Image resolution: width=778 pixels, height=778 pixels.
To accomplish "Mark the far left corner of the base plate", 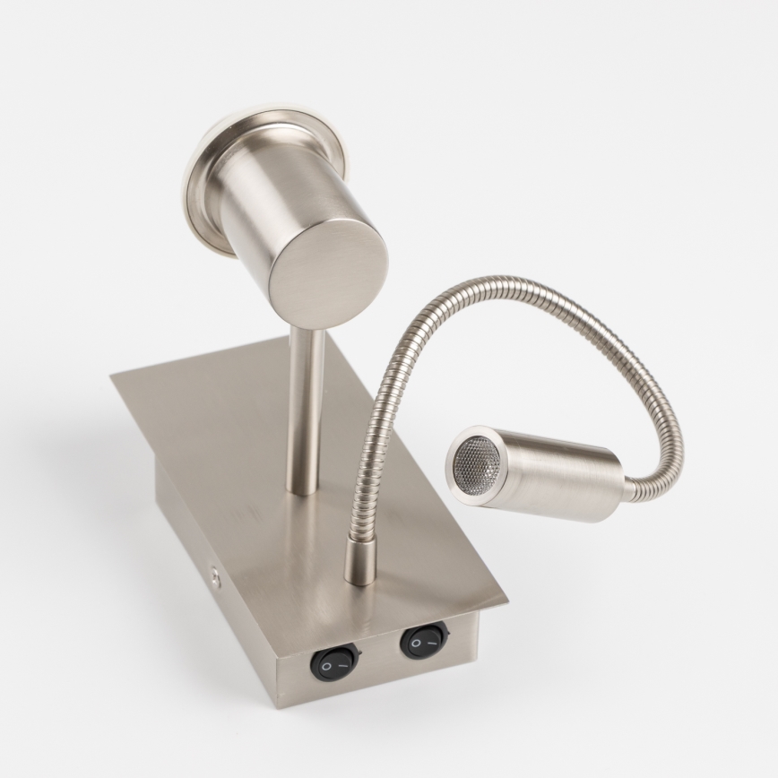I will pos(113,376).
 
